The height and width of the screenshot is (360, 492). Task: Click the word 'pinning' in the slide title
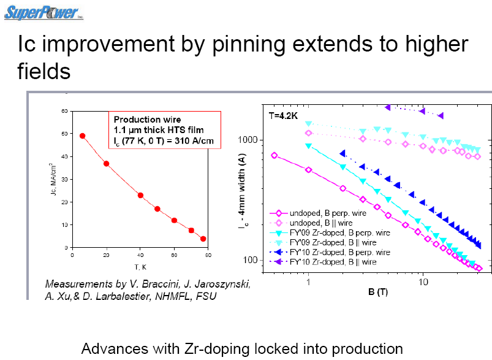point(255,44)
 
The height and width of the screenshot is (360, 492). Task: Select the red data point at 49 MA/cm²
point(83,136)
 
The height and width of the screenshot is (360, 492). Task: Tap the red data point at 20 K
point(106,164)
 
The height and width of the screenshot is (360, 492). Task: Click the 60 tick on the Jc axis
point(63,111)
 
